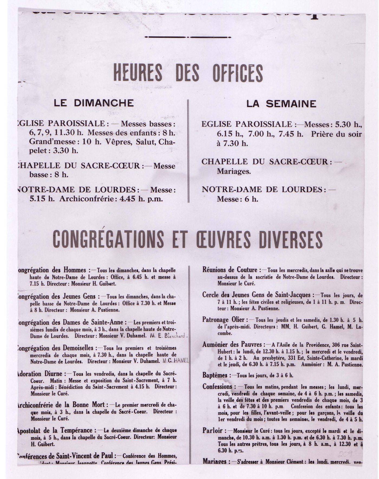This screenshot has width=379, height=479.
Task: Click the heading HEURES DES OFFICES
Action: [x=188, y=73]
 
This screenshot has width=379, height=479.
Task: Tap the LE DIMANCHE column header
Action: [x=94, y=103]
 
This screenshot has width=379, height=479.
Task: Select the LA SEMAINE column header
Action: [x=281, y=104]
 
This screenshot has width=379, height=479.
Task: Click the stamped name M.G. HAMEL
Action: [x=176, y=361]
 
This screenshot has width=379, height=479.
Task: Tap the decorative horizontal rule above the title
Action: [x=188, y=37]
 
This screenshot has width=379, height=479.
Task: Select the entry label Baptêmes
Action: [x=215, y=375]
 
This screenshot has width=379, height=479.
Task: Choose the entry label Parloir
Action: [x=212, y=431]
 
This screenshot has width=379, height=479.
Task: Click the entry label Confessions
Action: [x=217, y=387]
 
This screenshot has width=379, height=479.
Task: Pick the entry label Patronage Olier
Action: [x=223, y=320]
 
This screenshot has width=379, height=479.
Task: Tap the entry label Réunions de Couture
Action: [x=230, y=270]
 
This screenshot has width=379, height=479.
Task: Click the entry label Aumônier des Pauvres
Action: [x=232, y=345]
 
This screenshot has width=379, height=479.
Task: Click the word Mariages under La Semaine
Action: [x=234, y=171]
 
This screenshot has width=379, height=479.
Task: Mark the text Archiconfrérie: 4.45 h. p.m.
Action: [x=111, y=199]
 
